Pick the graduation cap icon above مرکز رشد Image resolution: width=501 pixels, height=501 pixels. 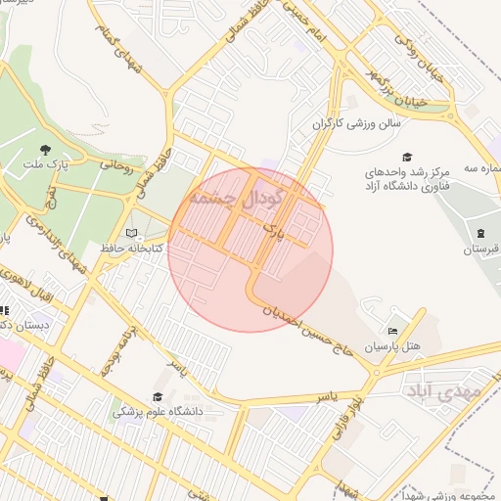pyautogui.click(x=406, y=157)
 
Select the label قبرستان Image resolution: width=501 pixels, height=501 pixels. pyautogui.click(x=479, y=250)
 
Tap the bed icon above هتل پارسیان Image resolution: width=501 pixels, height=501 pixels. pyautogui.click(x=393, y=331)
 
